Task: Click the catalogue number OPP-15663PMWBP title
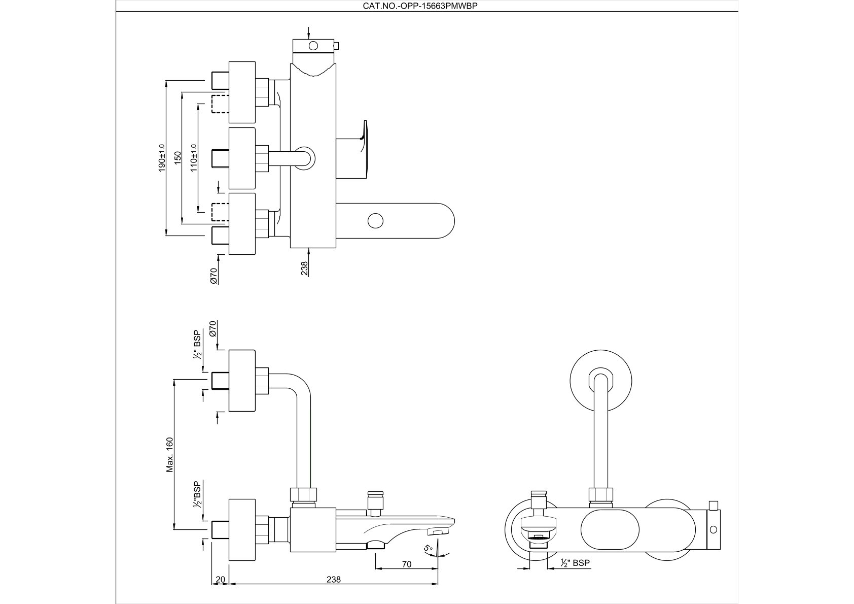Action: click(420, 6)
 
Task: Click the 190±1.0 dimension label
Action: click(162, 157)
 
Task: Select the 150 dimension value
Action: click(177, 157)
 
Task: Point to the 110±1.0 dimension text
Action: click(193, 157)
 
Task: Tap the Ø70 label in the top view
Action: click(213, 275)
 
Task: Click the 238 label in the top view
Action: click(304, 268)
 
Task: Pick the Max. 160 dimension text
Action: click(170, 455)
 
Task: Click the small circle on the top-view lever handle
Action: click(375, 221)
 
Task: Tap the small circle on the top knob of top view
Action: click(313, 47)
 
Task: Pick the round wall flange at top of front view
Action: click(601, 381)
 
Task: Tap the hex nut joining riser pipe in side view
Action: click(303, 495)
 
